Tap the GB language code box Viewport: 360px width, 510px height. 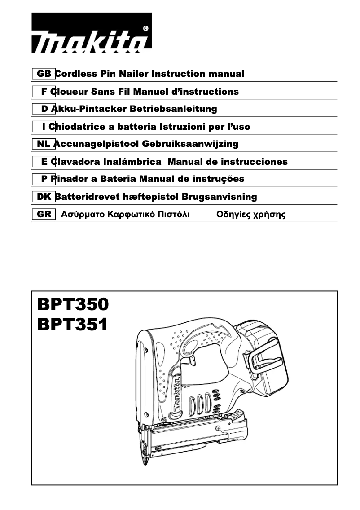pos(44,74)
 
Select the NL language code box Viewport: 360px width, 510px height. pos(44,144)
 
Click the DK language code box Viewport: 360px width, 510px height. pos(44,197)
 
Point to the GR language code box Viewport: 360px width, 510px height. pos(44,214)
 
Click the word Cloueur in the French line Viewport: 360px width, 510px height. pos(69,92)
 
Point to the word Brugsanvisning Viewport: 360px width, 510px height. pos(224,197)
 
